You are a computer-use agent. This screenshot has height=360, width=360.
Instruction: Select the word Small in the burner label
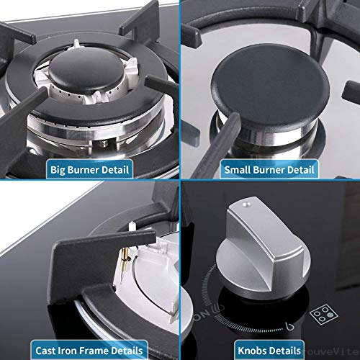[238, 171]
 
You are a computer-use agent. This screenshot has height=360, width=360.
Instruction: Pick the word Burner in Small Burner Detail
[270, 171]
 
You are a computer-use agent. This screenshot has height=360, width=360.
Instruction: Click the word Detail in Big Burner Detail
[113, 171]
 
